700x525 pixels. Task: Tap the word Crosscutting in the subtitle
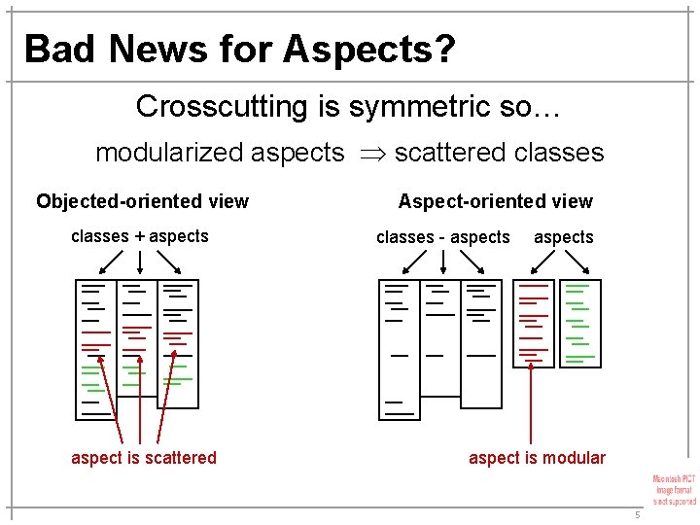tap(223, 106)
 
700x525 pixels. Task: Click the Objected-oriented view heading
tap(142, 202)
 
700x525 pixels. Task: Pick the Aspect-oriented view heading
tap(495, 202)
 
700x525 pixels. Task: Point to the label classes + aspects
tap(140, 236)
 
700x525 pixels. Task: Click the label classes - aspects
tap(442, 237)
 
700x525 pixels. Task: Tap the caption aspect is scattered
tap(144, 458)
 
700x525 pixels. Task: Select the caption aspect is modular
tap(537, 458)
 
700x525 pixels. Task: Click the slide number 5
tap(637, 514)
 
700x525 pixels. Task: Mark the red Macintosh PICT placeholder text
tap(674, 489)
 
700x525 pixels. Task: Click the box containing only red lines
tap(533, 323)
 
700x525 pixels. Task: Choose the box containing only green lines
tap(580, 323)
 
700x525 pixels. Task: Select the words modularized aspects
tap(220, 154)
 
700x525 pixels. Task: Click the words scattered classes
tap(499, 154)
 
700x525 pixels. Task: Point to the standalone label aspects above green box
tap(563, 237)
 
